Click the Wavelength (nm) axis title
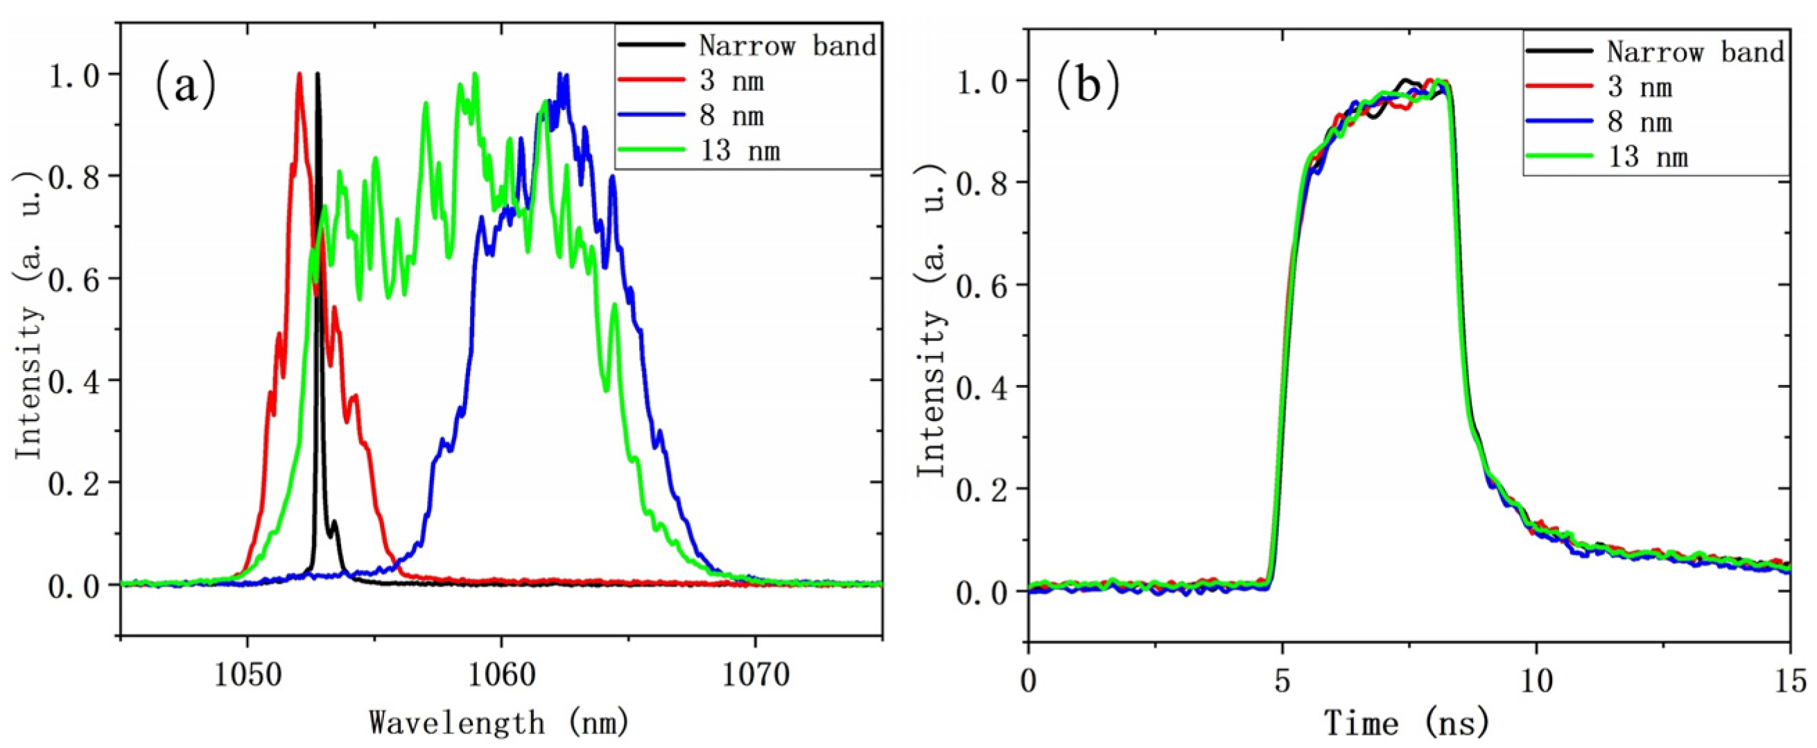tap(498, 722)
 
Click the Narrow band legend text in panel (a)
tap(787, 45)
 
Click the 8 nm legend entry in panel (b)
tap(1640, 122)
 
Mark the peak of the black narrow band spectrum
tap(318, 74)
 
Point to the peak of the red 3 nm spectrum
tap(299, 74)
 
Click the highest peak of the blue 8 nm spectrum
tap(562, 75)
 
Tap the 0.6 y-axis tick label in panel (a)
tap(73, 278)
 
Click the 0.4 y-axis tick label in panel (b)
tap(981, 387)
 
